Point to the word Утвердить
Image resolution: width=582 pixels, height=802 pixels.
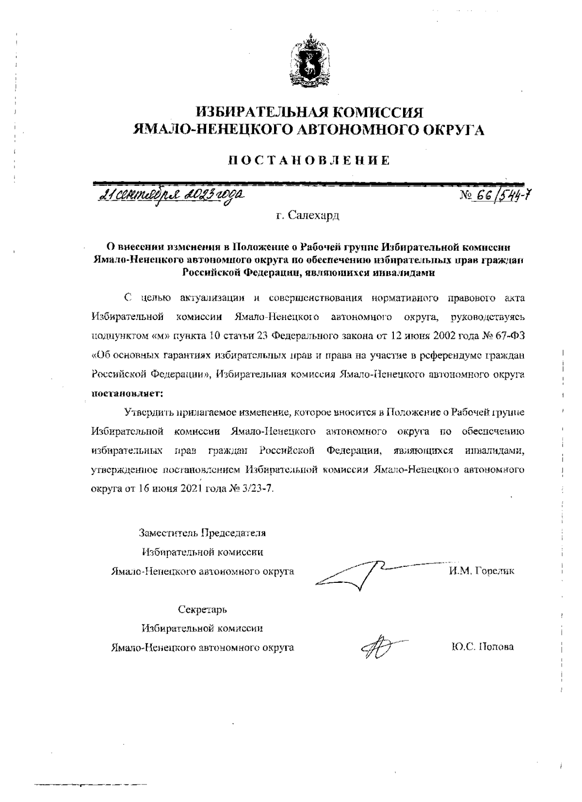pos(146,413)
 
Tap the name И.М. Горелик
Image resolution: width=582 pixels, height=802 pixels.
pos(481,571)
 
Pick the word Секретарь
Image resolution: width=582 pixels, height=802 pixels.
pos(202,609)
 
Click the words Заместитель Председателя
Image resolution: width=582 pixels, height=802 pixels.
pos(202,533)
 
